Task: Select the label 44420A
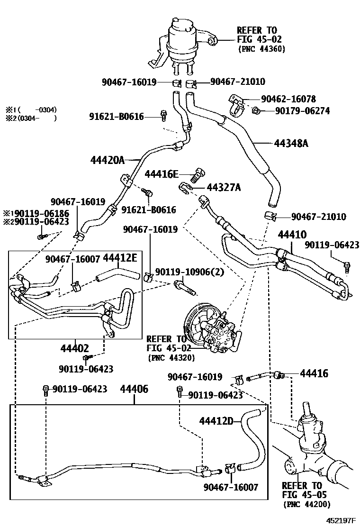point(107,160)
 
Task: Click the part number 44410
point(292,234)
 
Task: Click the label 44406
point(134,390)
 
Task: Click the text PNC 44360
point(261,49)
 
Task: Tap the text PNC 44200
point(306,504)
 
